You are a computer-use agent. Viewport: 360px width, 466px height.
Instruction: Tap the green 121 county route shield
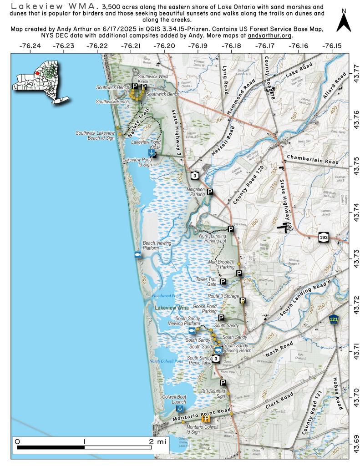(334, 320)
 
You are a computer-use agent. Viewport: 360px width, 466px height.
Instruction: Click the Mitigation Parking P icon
(210, 192)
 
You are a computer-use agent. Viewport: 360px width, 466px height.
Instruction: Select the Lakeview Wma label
(172, 308)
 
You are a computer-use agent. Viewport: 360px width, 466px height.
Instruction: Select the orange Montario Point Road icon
(205, 419)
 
